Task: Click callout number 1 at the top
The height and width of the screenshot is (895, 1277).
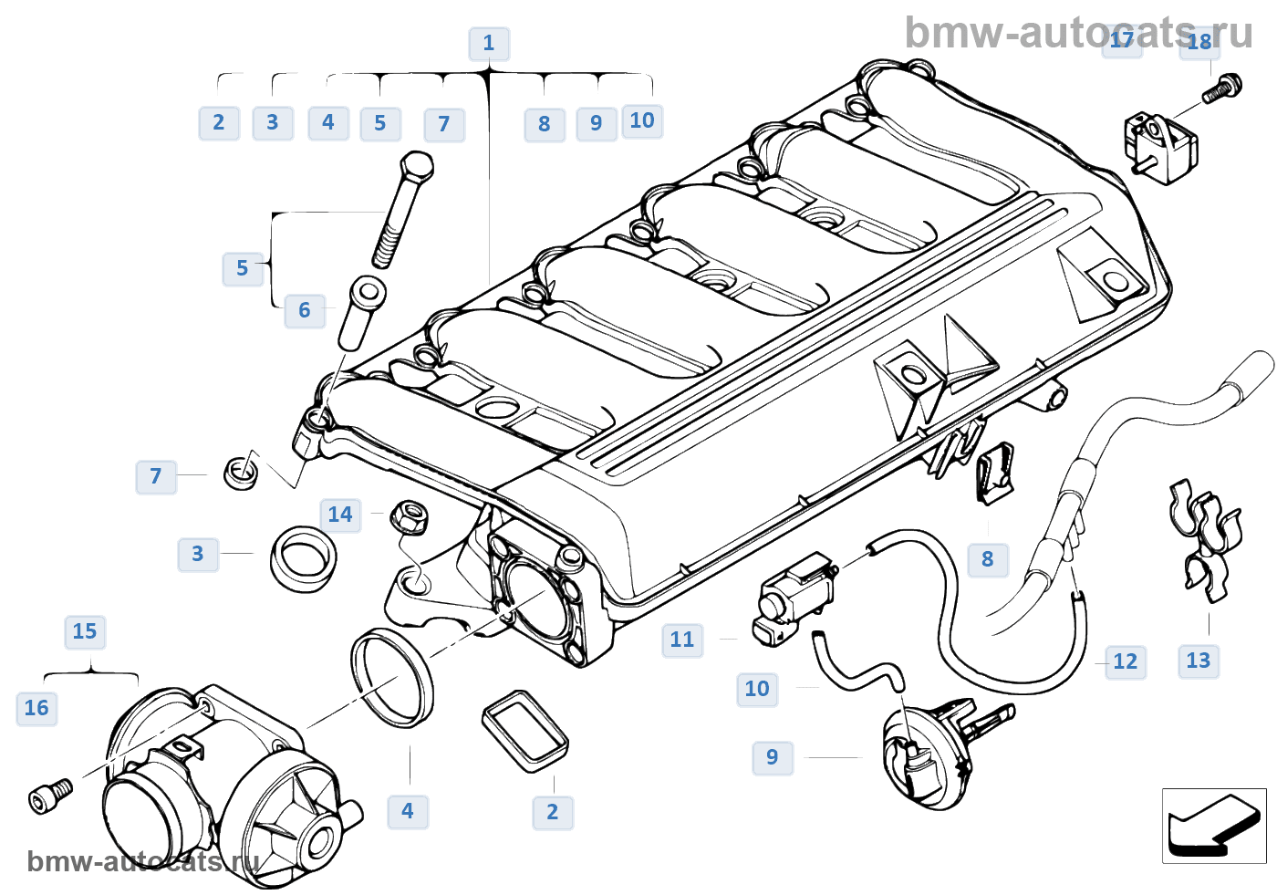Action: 488,43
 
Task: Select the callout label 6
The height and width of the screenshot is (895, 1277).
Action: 305,310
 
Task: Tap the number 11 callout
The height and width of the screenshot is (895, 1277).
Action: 682,640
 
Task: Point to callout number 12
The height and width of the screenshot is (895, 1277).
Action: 1125,661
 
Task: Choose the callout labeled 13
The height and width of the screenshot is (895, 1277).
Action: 1198,660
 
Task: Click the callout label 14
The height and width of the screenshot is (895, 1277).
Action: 340,515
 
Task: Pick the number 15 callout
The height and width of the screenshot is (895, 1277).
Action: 85,631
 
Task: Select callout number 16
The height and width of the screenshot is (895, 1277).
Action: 36,708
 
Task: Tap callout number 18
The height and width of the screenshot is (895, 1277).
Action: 1199,41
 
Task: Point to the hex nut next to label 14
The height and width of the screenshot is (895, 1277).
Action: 410,517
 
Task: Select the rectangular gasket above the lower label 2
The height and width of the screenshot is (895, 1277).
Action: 525,732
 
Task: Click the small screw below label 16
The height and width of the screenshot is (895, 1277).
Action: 50,796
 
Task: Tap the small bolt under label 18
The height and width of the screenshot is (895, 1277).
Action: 1220,88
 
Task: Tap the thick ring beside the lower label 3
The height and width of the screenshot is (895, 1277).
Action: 303,557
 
